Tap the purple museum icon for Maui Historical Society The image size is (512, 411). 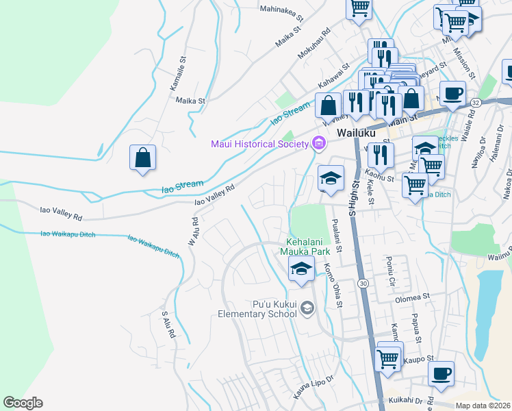click(318, 143)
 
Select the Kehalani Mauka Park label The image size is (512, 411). click(308, 247)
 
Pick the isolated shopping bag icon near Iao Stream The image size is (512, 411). click(142, 158)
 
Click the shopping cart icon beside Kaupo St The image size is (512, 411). click(388, 358)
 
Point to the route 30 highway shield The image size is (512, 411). click(362, 284)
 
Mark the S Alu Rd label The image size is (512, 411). click(168, 325)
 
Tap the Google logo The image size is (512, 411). click(23, 403)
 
